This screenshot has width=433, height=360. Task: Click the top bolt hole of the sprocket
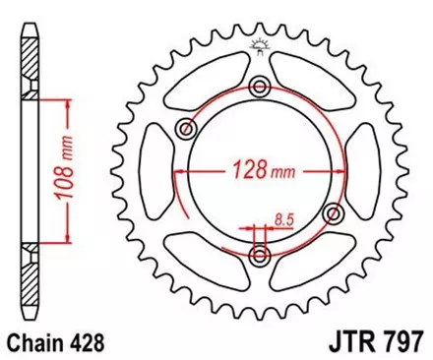click(260, 88)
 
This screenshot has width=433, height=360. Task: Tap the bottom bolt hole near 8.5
click(260, 256)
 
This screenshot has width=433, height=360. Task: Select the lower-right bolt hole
click(333, 214)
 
